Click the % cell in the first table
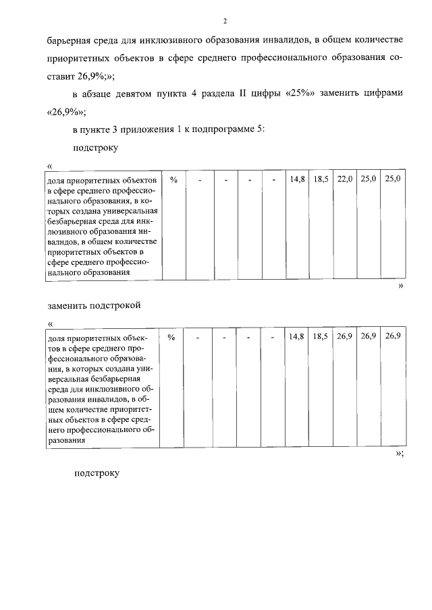(x=173, y=179)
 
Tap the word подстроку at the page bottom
(x=97, y=472)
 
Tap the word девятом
(x=134, y=94)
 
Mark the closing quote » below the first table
(x=401, y=286)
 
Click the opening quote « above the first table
(x=49, y=166)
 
